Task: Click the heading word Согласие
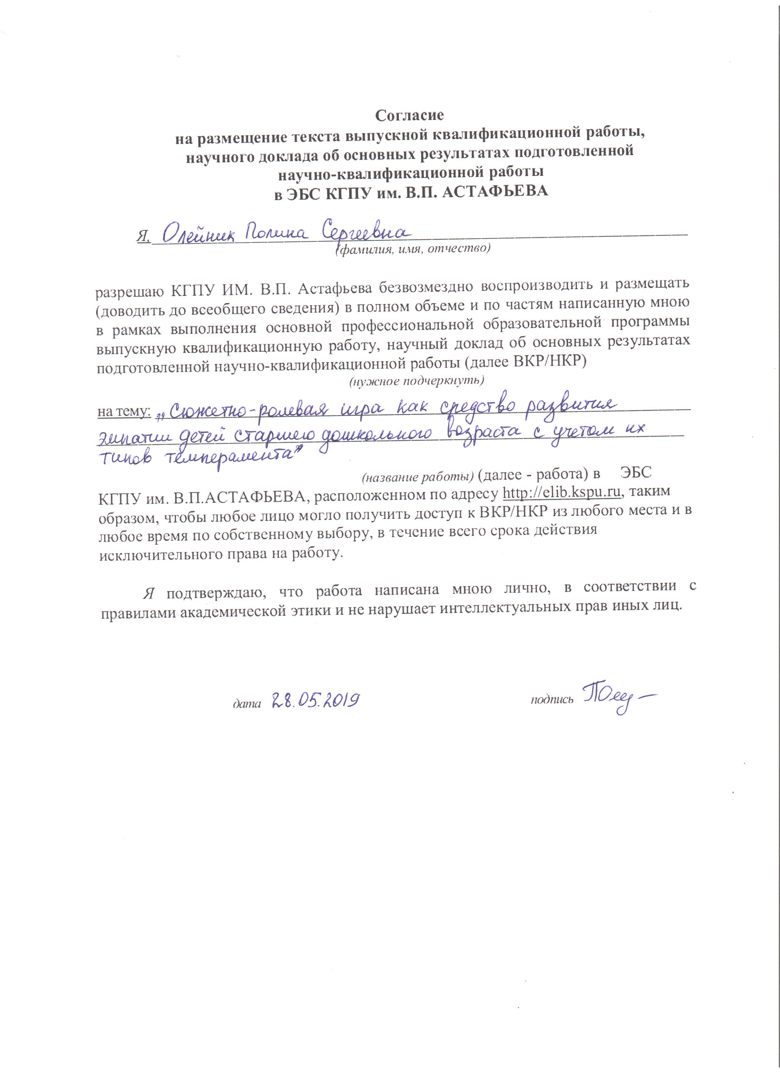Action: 409,115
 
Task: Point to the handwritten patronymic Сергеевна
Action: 364,232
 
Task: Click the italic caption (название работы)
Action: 418,477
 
